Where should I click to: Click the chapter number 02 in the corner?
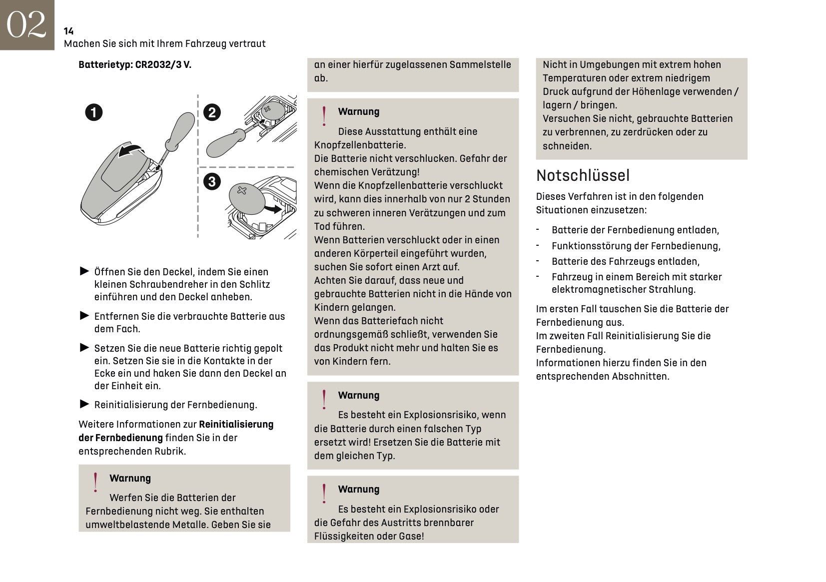click(26, 24)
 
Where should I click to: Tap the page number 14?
click(68, 31)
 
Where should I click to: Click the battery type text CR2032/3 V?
click(163, 64)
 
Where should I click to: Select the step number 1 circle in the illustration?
click(93, 112)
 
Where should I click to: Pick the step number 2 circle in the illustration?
click(212, 112)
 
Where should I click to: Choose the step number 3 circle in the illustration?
click(212, 181)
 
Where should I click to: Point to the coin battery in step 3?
click(246, 199)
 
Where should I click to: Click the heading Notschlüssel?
click(583, 175)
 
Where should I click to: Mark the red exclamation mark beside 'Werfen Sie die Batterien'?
click(95, 483)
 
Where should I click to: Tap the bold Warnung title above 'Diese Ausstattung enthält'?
click(358, 111)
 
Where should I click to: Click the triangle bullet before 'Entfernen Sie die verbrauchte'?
click(84, 316)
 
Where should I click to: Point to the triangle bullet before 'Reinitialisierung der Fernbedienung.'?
click(84, 404)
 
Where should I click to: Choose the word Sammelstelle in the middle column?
click(480, 64)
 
